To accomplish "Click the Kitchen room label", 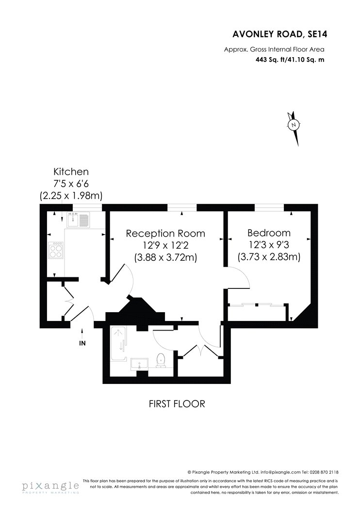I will point(71,171).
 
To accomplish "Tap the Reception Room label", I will point(165,233).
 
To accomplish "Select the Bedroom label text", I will point(269,233).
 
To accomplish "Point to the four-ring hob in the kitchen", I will point(57,251).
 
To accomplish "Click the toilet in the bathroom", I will point(162,360).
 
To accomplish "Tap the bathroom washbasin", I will point(139,364).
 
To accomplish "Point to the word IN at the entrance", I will point(82,344).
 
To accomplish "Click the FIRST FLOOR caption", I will point(177,403).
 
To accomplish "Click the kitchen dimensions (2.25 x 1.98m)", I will point(71,196).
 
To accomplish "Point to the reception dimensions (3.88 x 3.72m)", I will point(165,257).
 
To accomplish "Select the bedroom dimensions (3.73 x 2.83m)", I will point(269,257).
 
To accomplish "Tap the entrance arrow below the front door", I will point(82,333).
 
